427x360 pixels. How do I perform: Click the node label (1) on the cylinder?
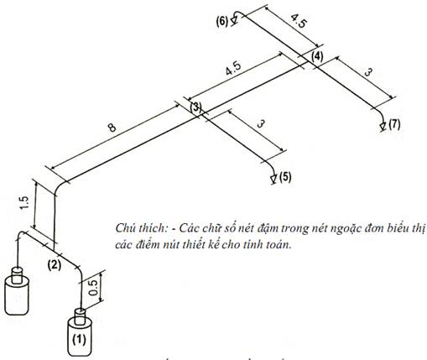point(80,339)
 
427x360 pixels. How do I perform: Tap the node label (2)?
point(55,264)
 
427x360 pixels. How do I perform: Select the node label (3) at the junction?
point(195,107)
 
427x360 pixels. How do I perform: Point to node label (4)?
point(317,57)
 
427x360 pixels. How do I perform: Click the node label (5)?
point(285,177)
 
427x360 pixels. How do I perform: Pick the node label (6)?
point(222,22)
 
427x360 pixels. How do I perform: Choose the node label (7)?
point(394,124)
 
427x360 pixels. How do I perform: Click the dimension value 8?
point(112,128)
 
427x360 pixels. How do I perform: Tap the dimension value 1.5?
point(24,203)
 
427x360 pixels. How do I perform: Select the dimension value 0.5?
point(94,288)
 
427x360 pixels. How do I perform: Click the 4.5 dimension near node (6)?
point(299,21)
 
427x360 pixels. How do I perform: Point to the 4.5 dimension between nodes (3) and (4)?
point(233,69)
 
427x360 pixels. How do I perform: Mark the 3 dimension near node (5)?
point(260,123)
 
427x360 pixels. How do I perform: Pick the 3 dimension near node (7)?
point(368,73)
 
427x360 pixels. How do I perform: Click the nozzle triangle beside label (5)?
point(273,179)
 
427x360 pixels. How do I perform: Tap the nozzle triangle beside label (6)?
point(234,20)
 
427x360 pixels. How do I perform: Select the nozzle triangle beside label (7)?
point(383,126)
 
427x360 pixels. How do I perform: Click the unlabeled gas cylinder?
point(17,291)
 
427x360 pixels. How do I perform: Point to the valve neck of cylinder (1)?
point(80,316)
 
